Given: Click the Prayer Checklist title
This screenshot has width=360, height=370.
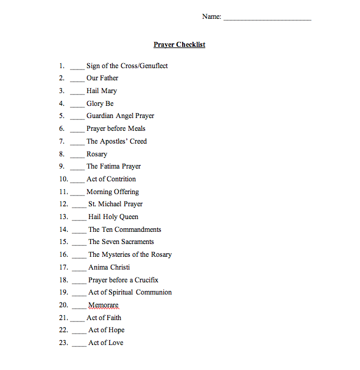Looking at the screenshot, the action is (x=179, y=44).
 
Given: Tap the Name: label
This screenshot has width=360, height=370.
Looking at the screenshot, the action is (x=211, y=16).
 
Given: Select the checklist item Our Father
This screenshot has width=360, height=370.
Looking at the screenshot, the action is (x=102, y=78).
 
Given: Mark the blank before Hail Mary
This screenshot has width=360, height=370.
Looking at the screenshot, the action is (x=77, y=92).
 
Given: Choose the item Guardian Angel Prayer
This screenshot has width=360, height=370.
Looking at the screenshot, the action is (x=120, y=116).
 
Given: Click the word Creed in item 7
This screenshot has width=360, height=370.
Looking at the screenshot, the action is (x=136, y=141).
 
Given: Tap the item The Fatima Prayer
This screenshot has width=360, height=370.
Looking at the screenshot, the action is (x=113, y=166).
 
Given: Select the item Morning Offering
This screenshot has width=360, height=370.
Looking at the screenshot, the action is (x=113, y=192).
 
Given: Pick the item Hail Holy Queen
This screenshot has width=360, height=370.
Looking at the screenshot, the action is (x=113, y=217).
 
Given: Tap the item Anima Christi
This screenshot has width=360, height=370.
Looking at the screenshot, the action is (x=109, y=267).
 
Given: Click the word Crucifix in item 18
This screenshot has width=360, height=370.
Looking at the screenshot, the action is (x=146, y=280).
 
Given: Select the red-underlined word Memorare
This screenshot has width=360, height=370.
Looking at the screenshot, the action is (x=104, y=305).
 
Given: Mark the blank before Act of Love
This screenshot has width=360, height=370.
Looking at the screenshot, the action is (x=79, y=344).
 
